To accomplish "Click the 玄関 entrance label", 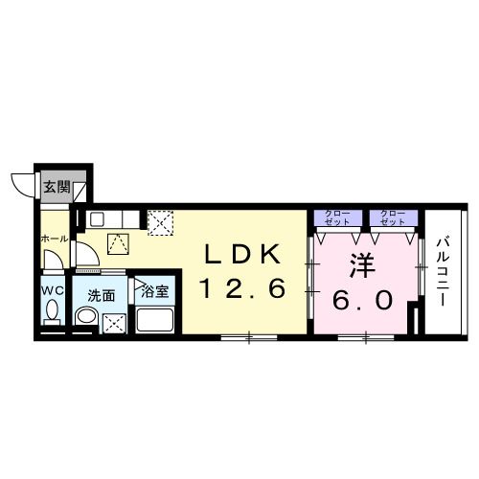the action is (57, 187).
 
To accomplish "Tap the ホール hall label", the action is (55, 239).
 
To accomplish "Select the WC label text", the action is (53, 290).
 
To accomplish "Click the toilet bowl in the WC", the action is (52, 309).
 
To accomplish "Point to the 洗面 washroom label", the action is (102, 296).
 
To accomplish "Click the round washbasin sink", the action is (86, 316).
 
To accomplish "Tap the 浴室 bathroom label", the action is (154, 291).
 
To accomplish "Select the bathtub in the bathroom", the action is (155, 319).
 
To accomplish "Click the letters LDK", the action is (243, 254).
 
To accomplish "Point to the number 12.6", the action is (242, 288).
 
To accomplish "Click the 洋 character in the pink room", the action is (362, 265).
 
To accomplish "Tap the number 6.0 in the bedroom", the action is (362, 301).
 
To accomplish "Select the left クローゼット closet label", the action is (338, 217).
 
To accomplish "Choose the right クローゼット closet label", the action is (394, 217).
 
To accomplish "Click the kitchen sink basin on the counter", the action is (97, 219).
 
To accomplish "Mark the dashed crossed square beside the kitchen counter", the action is (160, 222).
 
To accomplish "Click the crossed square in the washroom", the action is (115, 323).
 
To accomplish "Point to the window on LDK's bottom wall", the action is (249, 337).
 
